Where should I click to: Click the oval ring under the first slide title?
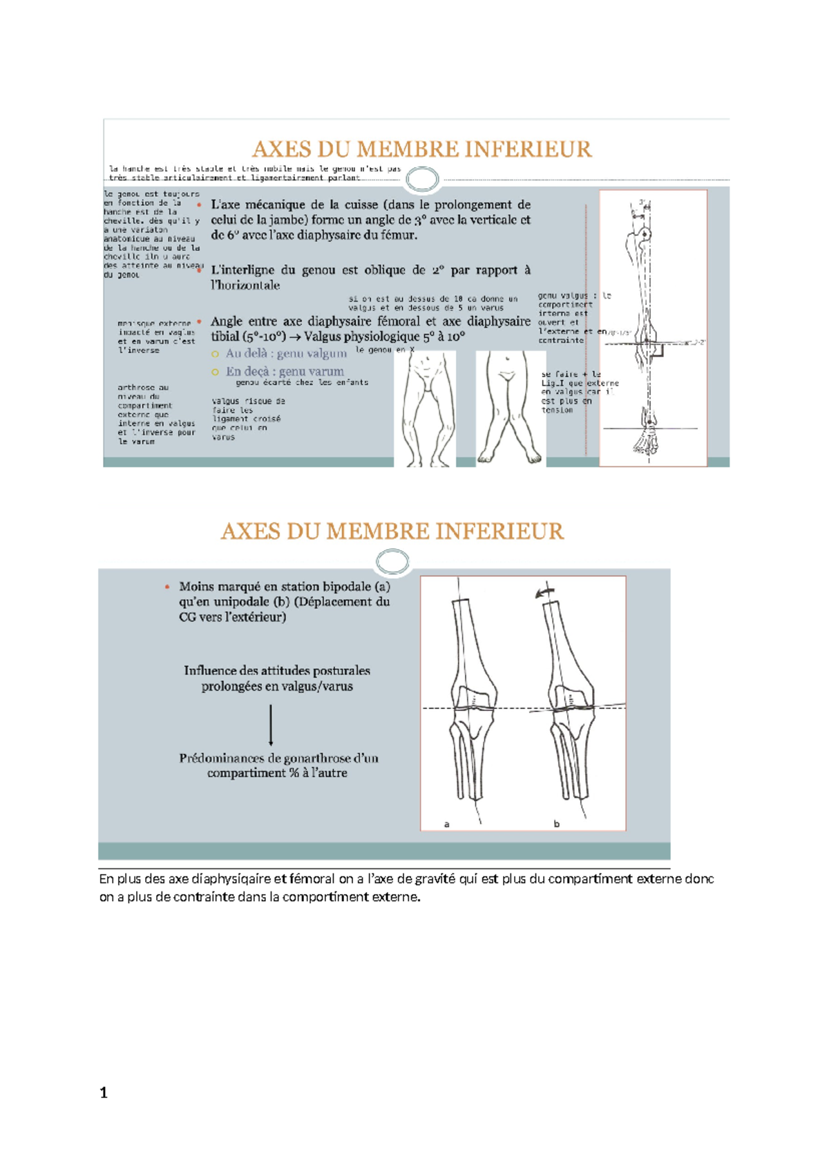(x=422, y=180)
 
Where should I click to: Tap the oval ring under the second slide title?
(x=392, y=561)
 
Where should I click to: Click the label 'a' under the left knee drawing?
(x=447, y=824)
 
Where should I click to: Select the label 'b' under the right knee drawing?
(x=556, y=824)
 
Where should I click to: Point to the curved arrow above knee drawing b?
(x=545, y=592)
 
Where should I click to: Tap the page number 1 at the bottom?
(x=104, y=1093)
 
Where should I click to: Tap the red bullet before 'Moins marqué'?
(x=167, y=587)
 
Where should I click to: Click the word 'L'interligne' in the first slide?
(x=242, y=270)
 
